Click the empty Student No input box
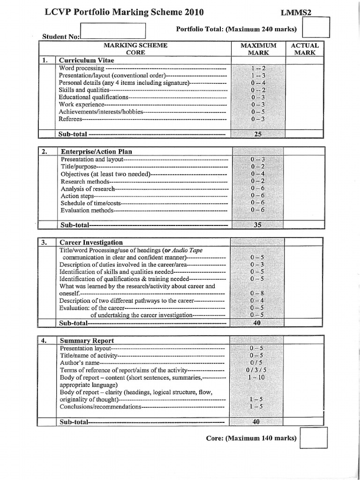[113, 31]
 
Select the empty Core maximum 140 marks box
[313, 437]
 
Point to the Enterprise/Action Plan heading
[96, 151]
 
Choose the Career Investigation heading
[91, 242]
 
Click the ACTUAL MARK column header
[305, 49]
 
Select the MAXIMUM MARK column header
[258, 49]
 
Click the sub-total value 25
[258, 134]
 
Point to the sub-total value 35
[258, 225]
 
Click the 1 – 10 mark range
[257, 378]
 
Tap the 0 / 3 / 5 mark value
[257, 370]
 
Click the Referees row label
[70, 119]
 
